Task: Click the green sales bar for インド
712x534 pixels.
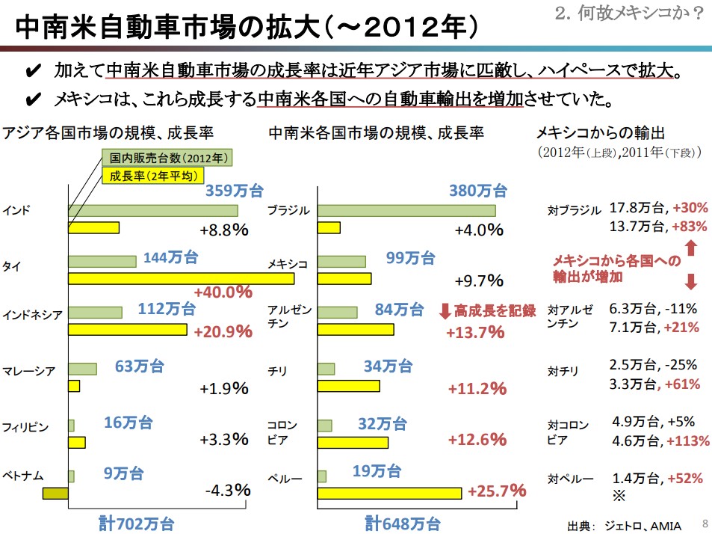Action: click(x=152, y=210)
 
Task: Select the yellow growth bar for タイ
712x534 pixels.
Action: click(x=181, y=278)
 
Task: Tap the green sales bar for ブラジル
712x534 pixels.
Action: click(x=406, y=210)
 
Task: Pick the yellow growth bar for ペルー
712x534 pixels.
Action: click(x=388, y=492)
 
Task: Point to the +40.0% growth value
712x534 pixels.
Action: click(x=223, y=292)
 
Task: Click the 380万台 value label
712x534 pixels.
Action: click(x=477, y=191)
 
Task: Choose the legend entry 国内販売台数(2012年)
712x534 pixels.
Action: click(x=167, y=158)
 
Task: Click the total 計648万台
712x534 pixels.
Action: click(x=402, y=523)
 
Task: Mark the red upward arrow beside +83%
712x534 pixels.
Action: click(x=691, y=246)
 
